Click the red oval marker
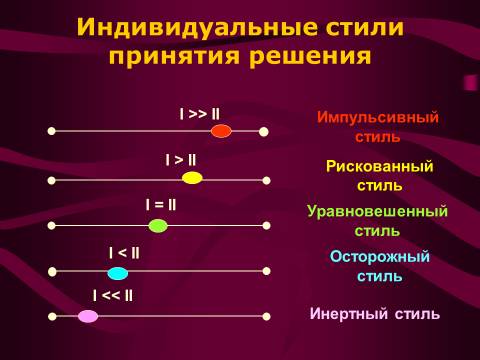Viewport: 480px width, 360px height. [221, 131]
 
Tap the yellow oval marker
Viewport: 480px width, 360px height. [192, 178]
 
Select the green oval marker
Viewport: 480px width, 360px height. [158, 226]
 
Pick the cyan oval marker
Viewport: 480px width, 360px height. [118, 273]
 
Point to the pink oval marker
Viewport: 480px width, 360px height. [88, 316]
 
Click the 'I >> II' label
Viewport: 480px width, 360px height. [200, 114]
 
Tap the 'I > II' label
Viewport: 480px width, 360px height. [181, 160]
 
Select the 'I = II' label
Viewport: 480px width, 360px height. [161, 205]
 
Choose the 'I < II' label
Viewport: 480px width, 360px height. [124, 253]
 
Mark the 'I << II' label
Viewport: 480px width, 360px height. [113, 296]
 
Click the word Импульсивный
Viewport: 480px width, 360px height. [378, 117]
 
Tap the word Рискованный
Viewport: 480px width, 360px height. [380, 166]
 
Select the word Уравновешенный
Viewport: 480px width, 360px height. [377, 211]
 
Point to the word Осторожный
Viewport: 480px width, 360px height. [380, 256]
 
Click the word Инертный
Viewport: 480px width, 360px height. [349, 314]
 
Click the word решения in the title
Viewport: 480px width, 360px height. [310, 56]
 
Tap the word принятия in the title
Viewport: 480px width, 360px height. [174, 56]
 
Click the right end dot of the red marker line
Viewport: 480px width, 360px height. [264, 132]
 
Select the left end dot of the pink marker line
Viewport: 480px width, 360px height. [52, 316]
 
